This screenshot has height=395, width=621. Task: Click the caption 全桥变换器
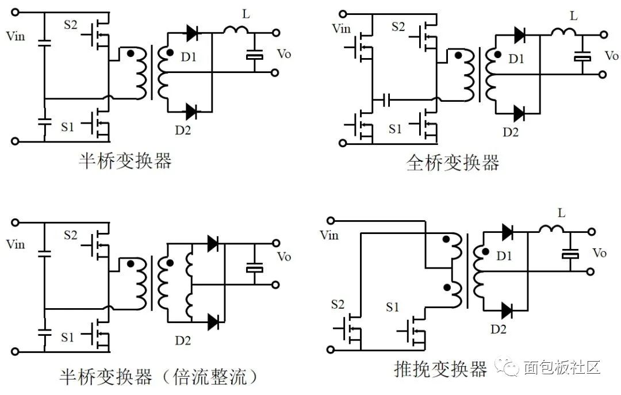click(x=453, y=163)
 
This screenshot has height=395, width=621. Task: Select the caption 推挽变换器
click(x=440, y=368)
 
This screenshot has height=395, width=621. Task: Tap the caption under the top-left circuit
click(x=125, y=161)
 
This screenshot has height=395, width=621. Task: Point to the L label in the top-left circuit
click(x=246, y=14)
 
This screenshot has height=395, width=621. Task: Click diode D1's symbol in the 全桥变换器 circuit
click(x=519, y=34)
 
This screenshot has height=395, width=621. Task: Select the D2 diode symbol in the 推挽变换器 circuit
click(x=507, y=311)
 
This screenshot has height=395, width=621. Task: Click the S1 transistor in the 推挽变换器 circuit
click(x=415, y=332)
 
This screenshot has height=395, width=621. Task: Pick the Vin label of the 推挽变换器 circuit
click(x=329, y=235)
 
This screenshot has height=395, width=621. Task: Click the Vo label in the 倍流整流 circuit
click(x=284, y=256)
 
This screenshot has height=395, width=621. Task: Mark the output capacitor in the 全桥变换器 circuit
click(x=582, y=58)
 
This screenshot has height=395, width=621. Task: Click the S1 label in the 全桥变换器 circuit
click(x=395, y=129)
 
